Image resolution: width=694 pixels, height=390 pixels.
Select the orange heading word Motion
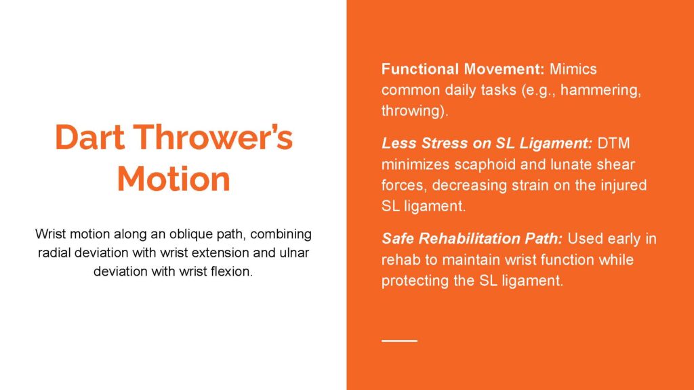tap(173, 179)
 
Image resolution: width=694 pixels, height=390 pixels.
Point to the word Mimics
tap(573, 69)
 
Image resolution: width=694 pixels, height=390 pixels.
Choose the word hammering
tap(601, 90)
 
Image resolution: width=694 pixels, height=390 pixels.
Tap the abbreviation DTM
tap(613, 144)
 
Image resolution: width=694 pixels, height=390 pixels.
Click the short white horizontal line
tap(399, 341)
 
